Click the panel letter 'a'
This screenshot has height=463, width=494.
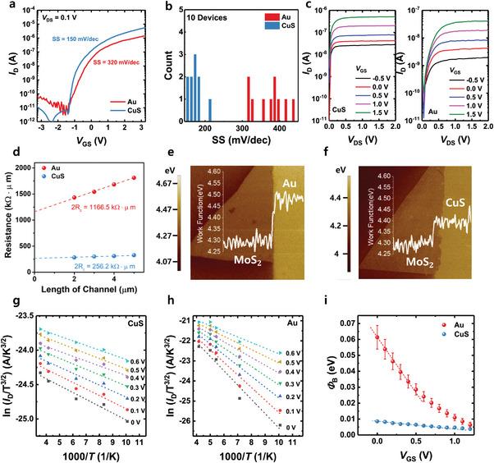pyautogui.click(x=6, y=7)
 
